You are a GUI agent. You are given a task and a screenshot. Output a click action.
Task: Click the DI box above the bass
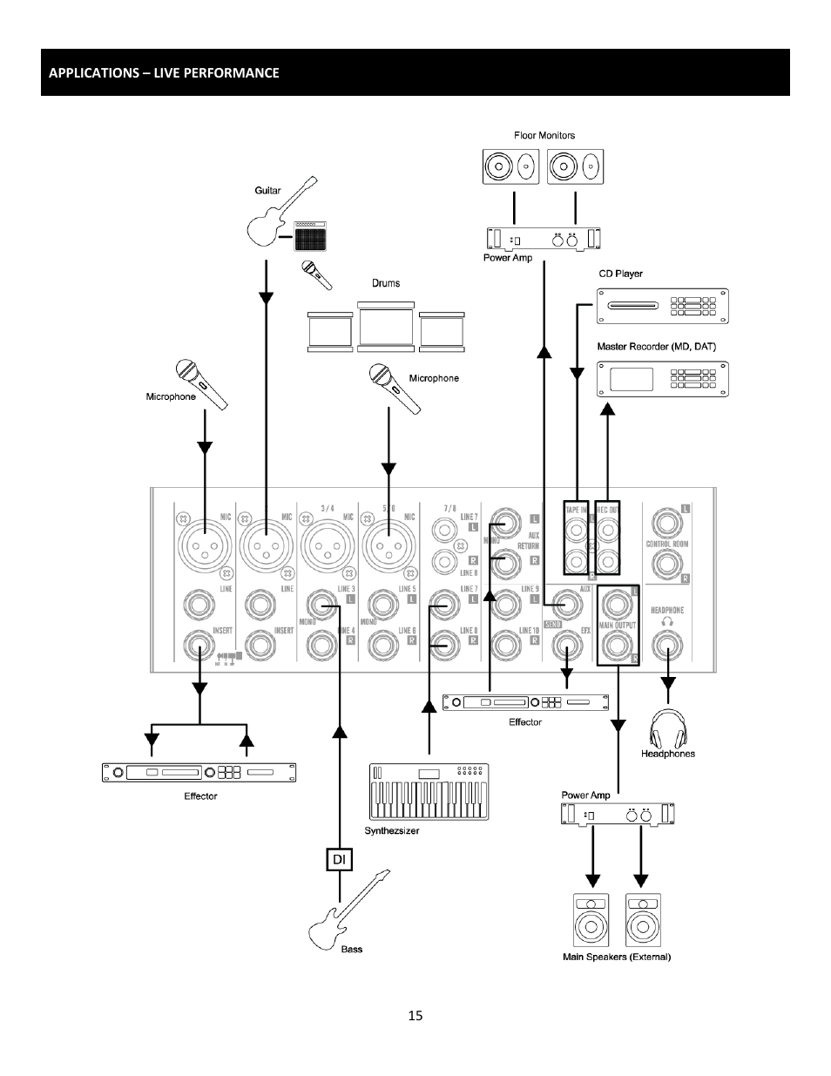click(339, 859)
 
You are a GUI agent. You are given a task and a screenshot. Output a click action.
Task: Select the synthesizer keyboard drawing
click(429, 792)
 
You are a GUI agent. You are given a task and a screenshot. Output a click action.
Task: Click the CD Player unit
click(662, 306)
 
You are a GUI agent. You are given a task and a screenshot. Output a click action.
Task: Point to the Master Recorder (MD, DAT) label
click(656, 347)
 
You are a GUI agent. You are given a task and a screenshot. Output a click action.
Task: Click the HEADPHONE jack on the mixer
click(667, 647)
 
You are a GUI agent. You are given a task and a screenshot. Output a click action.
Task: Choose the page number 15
click(415, 1015)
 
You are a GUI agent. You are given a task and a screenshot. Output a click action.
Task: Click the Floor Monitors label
click(544, 135)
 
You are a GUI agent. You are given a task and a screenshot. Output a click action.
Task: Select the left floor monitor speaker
click(511, 166)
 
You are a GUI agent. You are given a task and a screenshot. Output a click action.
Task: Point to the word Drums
click(386, 283)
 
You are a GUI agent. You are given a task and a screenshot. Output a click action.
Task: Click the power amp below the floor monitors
click(544, 238)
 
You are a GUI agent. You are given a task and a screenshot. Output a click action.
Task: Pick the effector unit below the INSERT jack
click(199, 772)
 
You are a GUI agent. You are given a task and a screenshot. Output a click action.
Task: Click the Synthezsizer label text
click(391, 830)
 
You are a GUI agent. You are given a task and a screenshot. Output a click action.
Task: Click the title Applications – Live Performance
click(164, 72)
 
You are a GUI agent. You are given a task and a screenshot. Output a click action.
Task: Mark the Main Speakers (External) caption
click(616, 957)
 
